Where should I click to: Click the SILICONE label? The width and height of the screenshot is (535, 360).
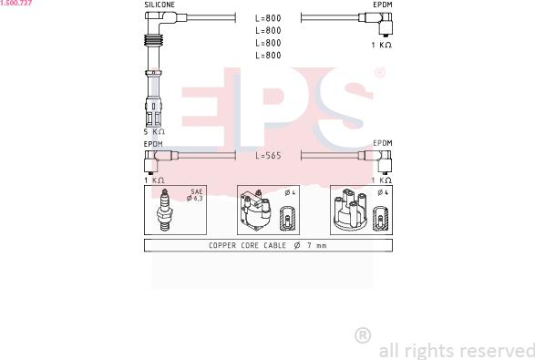click(159, 5)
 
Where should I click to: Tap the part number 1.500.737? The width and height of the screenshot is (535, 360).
click(16, 3)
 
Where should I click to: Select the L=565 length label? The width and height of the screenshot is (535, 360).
click(268, 155)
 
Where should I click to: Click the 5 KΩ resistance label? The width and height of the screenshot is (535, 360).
click(154, 132)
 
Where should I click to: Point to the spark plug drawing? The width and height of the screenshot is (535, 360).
click(165, 210)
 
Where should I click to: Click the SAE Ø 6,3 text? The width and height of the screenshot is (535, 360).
click(195, 195)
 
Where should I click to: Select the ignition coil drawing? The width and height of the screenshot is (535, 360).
click(255, 211)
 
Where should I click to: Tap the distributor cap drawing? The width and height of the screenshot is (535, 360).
click(350, 210)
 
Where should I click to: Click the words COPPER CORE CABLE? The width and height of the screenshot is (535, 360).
click(247, 245)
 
